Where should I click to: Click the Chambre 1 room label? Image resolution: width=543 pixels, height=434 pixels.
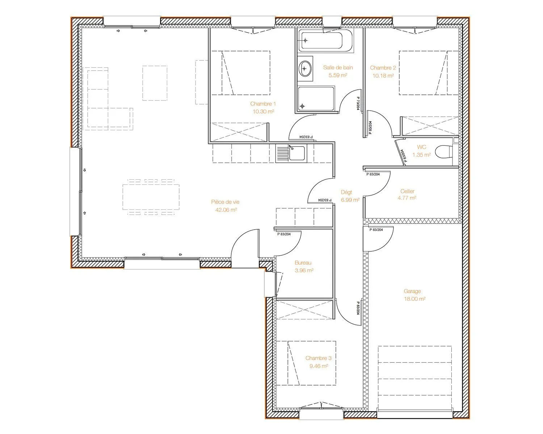point(263,104)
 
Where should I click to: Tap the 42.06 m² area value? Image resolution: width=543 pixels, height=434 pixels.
point(226,210)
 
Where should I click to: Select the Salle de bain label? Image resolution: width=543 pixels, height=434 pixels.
point(338,67)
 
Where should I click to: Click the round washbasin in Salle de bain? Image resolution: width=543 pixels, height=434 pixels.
point(305,68)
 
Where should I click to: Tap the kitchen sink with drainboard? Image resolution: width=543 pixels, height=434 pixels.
point(291,153)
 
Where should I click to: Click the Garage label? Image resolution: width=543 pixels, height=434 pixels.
point(412,291)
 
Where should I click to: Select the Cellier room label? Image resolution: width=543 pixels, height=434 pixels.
point(407,191)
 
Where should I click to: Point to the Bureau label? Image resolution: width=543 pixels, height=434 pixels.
point(303,263)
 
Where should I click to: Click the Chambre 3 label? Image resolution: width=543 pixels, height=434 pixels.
point(319,358)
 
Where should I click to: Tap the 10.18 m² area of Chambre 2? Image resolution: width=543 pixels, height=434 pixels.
point(383,76)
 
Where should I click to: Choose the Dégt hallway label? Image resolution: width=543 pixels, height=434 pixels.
point(346,192)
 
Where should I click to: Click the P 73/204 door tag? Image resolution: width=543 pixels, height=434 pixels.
point(358,103)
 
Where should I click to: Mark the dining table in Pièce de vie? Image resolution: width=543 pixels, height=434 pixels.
point(151,197)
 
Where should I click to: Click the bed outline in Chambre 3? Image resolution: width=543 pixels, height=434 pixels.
point(306,363)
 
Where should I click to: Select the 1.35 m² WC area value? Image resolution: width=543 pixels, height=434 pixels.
point(421,155)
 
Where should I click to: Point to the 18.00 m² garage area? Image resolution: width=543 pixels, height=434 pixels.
point(414,299)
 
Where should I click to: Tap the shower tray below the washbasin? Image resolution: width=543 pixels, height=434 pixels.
point(316,99)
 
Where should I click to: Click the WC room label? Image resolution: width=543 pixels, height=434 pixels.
point(421,147)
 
